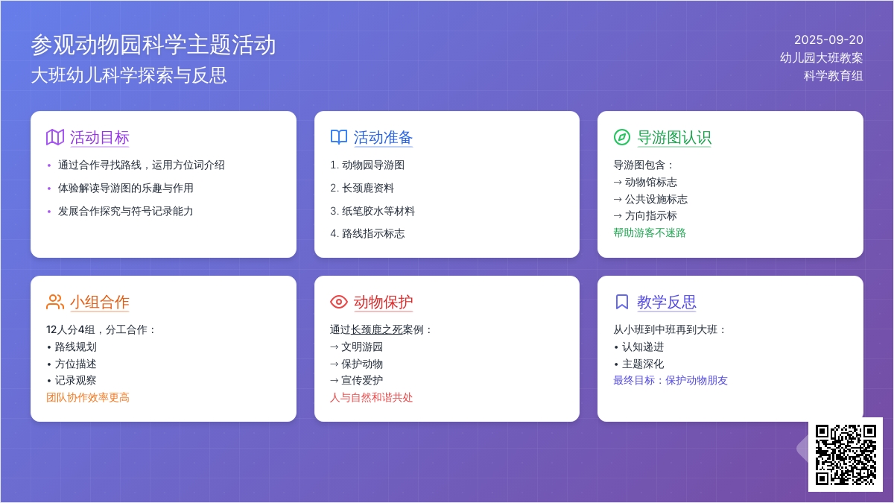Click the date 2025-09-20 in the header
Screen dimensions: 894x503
click(x=828, y=40)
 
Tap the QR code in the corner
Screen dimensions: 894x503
click(x=846, y=455)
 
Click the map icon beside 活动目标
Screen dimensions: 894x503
click(x=55, y=137)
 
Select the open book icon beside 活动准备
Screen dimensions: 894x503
click(x=339, y=137)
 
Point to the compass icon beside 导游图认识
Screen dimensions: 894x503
click(x=622, y=137)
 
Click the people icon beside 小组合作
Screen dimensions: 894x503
click(x=55, y=302)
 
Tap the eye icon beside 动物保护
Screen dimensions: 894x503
click(x=339, y=302)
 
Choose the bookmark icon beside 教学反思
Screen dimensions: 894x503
click(x=622, y=302)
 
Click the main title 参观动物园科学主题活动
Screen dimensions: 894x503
click(x=153, y=45)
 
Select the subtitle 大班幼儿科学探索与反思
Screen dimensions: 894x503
click(x=129, y=75)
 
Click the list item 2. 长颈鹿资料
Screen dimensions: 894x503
click(x=362, y=188)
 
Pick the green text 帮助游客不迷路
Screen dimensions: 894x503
click(x=650, y=232)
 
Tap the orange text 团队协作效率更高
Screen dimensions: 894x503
click(x=88, y=398)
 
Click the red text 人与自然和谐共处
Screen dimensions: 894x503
click(x=371, y=398)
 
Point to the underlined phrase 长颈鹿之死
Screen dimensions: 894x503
click(x=376, y=329)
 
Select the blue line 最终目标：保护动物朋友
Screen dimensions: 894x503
click(x=670, y=381)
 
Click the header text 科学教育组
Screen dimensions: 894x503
click(x=834, y=75)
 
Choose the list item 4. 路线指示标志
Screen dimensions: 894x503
click(x=367, y=233)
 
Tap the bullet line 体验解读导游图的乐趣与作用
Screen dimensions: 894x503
click(x=126, y=188)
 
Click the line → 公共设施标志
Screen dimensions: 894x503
click(x=650, y=199)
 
